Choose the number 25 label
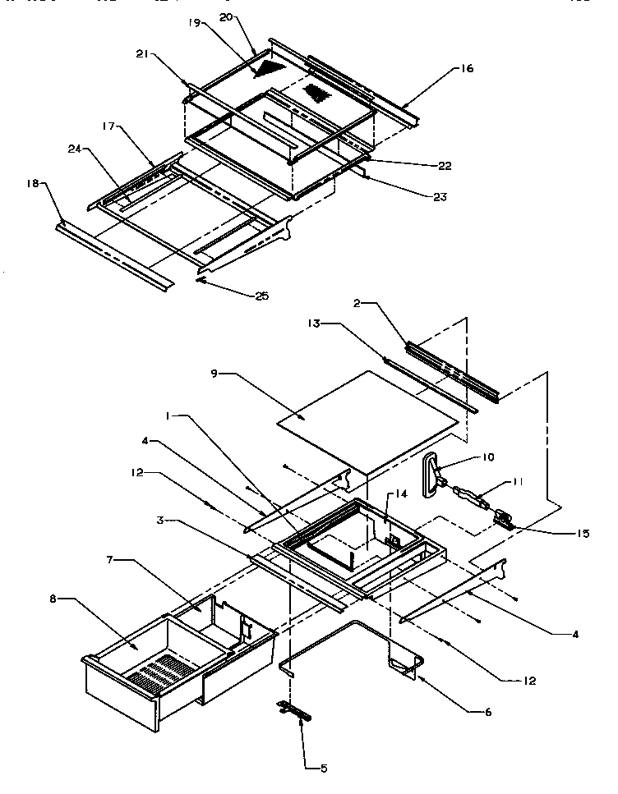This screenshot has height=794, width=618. click(261, 295)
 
